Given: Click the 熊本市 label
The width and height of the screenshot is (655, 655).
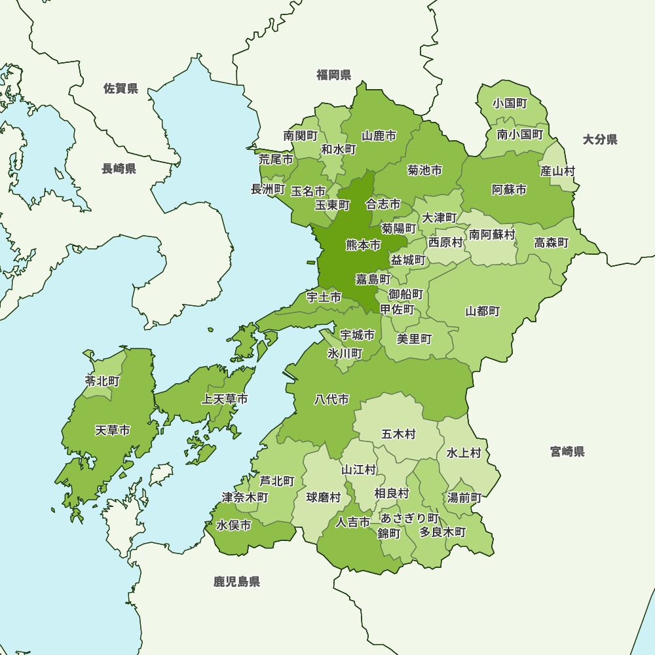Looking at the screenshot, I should [x=363, y=246].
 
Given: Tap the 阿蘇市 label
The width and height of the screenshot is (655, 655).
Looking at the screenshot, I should [x=509, y=190].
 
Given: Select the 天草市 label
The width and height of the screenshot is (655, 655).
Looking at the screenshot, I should [x=112, y=430].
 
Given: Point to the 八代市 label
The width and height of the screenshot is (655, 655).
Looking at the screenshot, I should [x=331, y=400].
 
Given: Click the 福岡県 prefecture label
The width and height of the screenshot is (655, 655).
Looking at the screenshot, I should [x=333, y=75].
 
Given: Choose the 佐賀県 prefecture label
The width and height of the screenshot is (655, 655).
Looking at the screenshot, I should [x=121, y=88].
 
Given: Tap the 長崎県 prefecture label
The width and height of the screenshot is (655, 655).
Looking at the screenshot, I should [x=119, y=169].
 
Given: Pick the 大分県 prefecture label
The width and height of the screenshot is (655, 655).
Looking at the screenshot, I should [x=600, y=139].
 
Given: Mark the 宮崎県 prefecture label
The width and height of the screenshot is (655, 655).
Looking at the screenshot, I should [x=567, y=451].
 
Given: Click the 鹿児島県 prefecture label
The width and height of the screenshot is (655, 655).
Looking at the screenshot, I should [x=236, y=581].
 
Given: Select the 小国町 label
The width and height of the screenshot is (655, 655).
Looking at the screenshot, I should [x=510, y=103].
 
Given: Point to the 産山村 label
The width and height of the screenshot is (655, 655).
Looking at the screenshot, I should [x=557, y=171].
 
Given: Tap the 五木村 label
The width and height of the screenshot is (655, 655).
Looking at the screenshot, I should [x=398, y=434].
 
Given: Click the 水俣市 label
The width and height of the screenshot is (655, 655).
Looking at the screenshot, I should [x=234, y=525].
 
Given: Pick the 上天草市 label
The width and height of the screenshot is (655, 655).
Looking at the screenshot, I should [x=224, y=399].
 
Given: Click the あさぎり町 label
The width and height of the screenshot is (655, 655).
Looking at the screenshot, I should [x=410, y=518].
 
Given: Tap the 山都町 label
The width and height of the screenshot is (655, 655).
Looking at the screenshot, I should [x=483, y=311].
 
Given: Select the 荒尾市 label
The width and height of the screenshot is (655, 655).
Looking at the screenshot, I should [x=276, y=159].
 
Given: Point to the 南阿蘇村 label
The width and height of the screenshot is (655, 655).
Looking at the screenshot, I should [x=492, y=234].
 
